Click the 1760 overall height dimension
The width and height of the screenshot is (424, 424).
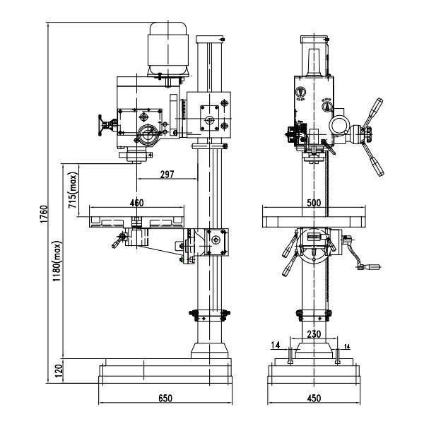click(x=44, y=211)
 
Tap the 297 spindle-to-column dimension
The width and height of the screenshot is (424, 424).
click(x=167, y=174)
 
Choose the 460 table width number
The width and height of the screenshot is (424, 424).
click(x=136, y=203)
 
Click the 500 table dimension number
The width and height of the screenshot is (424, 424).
click(x=314, y=203)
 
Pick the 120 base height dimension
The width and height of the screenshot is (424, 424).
click(x=58, y=368)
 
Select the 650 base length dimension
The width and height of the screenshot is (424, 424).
click(x=165, y=399)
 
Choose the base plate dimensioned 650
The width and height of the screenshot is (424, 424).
click(x=165, y=372)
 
